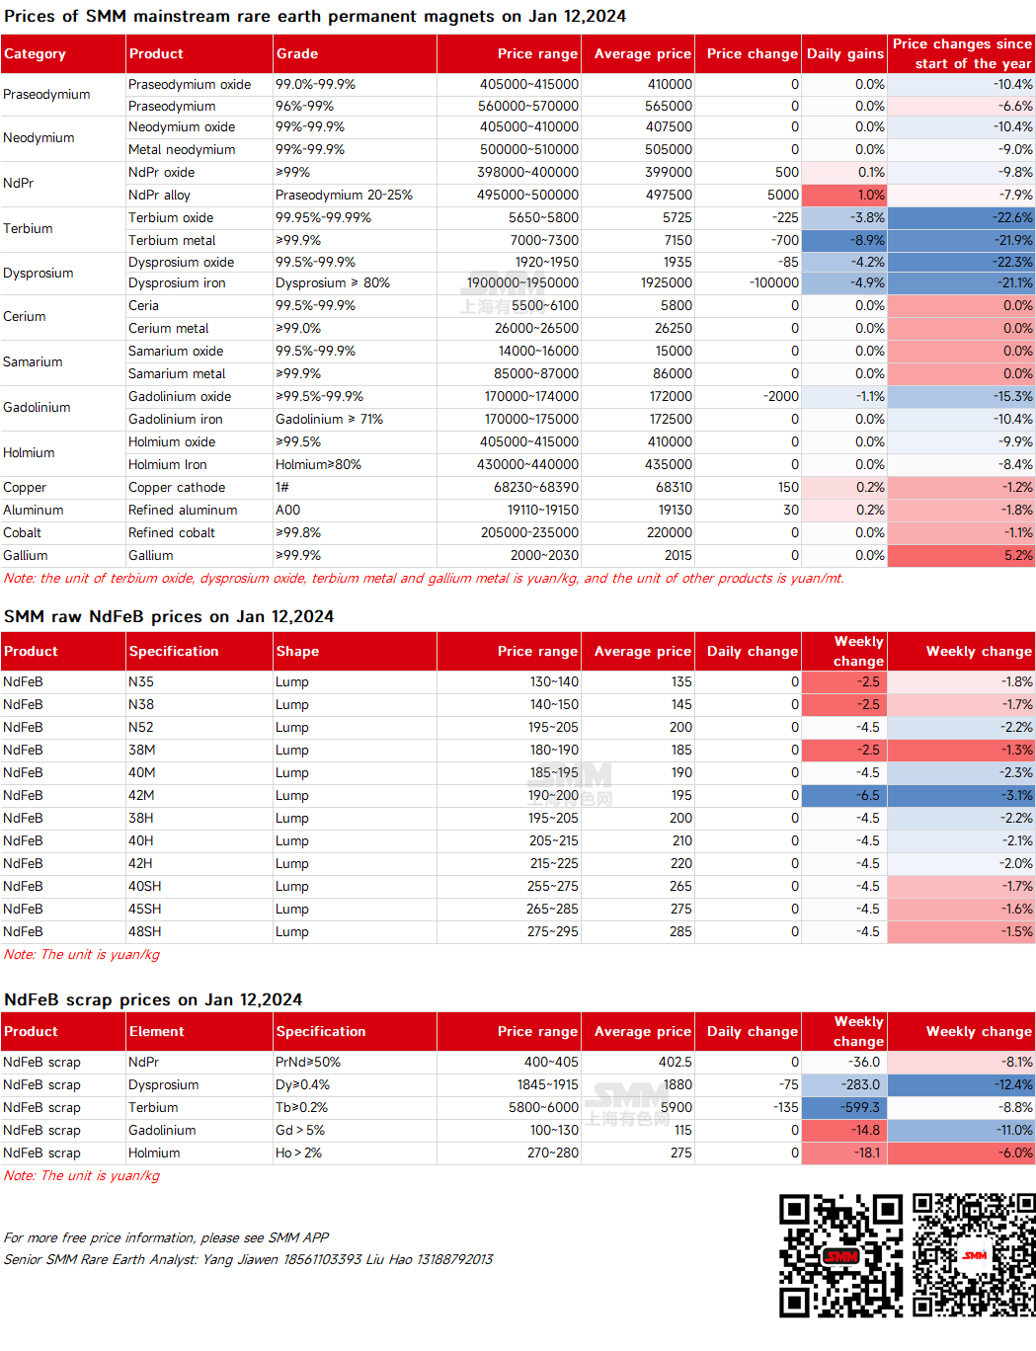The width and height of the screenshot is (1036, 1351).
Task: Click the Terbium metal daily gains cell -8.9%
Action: pyautogui.click(x=844, y=241)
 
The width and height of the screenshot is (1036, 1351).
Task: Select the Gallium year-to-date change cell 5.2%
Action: pyautogui.click(x=961, y=556)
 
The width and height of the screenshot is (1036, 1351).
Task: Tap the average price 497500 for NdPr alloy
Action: pyautogui.click(x=668, y=196)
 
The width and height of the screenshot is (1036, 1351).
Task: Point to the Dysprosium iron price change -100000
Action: pyautogui.click(x=773, y=282)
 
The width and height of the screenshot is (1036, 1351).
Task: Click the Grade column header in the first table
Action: pyautogui.click(x=297, y=54)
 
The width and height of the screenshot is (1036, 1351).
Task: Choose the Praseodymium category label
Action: pyautogui.click(x=46, y=95)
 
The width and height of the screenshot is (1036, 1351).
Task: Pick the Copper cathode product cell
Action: pyautogui.click(x=177, y=488)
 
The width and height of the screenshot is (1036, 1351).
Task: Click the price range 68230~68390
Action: pyautogui.click(x=535, y=488)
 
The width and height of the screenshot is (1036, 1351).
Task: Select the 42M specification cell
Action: pyautogui.click(x=141, y=796)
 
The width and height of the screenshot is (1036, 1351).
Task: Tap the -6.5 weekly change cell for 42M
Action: pyautogui.click(x=844, y=796)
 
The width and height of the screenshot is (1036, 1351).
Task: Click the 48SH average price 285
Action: pyautogui.click(x=680, y=932)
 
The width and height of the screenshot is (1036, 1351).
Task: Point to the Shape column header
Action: pyautogui.click(x=297, y=652)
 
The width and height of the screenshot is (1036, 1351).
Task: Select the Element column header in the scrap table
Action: pyautogui.click(x=157, y=1032)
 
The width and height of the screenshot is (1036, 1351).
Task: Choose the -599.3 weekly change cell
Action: pyautogui.click(x=844, y=1108)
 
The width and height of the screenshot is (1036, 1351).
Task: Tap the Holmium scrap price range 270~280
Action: pyautogui.click(x=552, y=1153)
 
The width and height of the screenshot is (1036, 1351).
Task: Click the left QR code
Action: pyautogui.click(x=840, y=1256)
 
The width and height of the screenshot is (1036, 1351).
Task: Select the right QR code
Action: pyautogui.click(x=974, y=1256)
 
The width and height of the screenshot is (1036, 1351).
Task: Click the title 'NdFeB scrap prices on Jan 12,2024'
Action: pyautogui.click(x=153, y=1000)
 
